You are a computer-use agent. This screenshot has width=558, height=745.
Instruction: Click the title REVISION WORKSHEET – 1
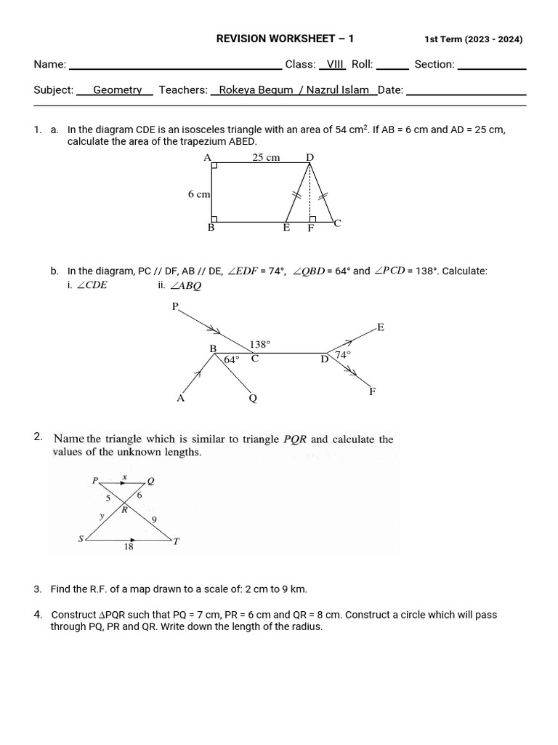(286, 39)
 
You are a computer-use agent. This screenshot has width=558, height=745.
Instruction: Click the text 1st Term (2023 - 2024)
(473, 39)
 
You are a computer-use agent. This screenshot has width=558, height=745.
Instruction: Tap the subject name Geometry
(117, 89)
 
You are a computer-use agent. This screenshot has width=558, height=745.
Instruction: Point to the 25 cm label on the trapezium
(266, 157)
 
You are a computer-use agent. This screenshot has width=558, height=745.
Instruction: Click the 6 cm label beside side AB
(199, 194)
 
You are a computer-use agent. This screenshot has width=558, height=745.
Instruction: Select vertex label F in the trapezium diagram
(310, 228)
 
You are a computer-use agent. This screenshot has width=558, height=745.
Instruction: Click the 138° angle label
(259, 344)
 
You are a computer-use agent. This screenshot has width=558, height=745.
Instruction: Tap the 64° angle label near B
(231, 359)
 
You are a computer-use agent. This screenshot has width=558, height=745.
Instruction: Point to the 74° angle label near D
(342, 354)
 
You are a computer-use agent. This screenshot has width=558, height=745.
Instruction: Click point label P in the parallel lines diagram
(174, 306)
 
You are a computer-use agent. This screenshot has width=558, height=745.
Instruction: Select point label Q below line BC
(253, 398)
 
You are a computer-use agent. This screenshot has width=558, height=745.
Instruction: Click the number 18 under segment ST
(128, 547)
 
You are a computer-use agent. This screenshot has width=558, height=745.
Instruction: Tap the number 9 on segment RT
(153, 519)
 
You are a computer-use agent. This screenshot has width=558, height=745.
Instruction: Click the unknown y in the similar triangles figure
(102, 515)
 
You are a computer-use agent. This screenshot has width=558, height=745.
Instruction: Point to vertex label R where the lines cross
(124, 510)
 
